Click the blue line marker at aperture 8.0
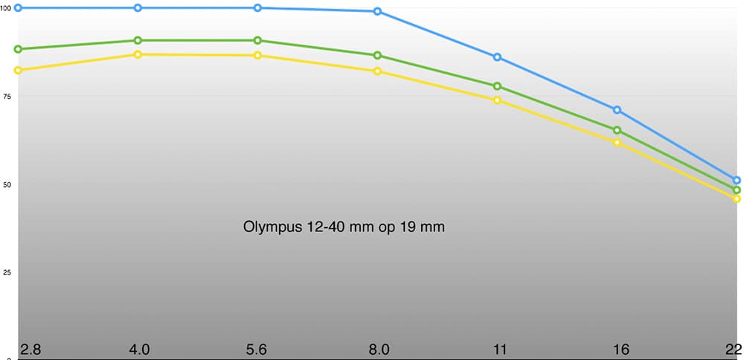pos(377,11)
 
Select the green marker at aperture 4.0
pos(138,40)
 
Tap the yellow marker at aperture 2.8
pos(18,70)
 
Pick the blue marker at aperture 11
pos(497,57)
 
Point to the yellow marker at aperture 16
pos(617,142)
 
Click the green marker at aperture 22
pos(737,190)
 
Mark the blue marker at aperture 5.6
pos(257,7)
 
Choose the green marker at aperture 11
pos(497,86)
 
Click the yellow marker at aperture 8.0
pos(377,71)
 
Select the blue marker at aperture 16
pos(617,110)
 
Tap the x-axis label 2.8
pos(31,349)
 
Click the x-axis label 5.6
pos(256,349)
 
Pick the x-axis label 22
pos(734,349)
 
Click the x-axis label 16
pos(620,349)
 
